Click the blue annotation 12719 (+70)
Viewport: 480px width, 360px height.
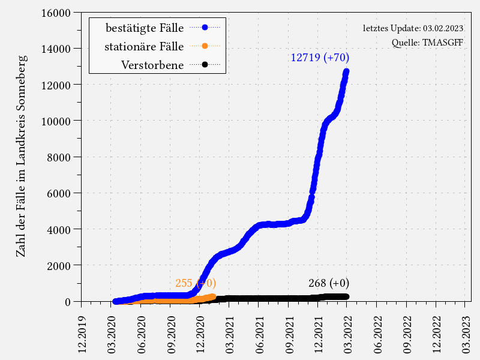pyautogui.click(x=320, y=58)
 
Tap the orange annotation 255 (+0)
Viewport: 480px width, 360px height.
pyautogui.click(x=196, y=283)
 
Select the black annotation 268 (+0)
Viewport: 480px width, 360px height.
pyautogui.click(x=329, y=283)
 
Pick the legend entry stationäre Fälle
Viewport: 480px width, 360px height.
pyautogui.click(x=144, y=46)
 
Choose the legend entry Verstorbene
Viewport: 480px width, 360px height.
pyautogui.click(x=152, y=64)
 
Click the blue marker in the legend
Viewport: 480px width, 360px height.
pyautogui.click(x=205, y=27)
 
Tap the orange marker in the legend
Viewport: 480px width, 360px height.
pyautogui.click(x=205, y=46)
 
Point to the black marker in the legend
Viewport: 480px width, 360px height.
pyautogui.click(x=205, y=64)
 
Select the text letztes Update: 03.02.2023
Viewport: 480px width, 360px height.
pyautogui.click(x=413, y=28)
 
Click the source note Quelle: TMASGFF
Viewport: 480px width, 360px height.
pyautogui.click(x=427, y=43)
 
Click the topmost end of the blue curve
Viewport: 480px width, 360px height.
pyautogui.click(x=346, y=72)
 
